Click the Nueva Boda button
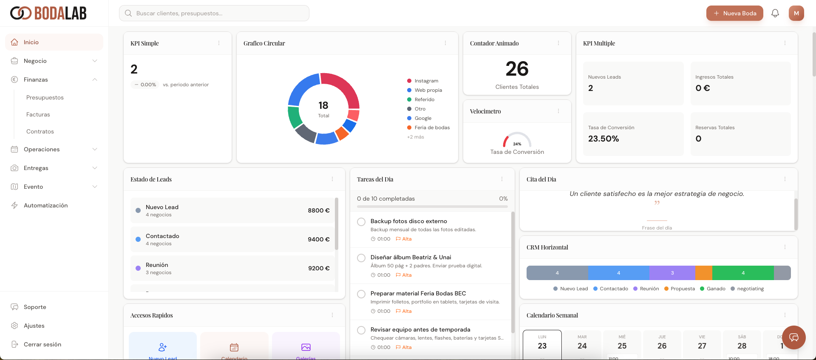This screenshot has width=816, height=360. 734,13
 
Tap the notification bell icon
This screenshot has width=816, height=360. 775,13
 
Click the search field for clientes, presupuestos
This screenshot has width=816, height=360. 214,13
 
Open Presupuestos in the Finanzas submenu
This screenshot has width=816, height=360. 45,97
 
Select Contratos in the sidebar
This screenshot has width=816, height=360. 40,131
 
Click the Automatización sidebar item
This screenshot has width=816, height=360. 45,205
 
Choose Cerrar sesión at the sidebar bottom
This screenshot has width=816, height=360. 42,344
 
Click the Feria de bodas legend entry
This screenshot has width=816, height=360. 432,128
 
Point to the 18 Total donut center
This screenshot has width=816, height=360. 323,109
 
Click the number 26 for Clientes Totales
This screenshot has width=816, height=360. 517,69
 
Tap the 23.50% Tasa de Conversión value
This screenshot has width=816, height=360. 603,139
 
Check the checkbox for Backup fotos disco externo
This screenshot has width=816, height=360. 361,222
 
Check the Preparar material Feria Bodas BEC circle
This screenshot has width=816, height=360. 361,294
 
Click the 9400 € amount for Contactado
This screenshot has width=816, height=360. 318,239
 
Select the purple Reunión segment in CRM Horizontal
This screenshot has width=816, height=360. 672,273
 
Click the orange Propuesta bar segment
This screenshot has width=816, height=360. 703,273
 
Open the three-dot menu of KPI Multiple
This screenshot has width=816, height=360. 785,43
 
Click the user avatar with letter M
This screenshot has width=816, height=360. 796,13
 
